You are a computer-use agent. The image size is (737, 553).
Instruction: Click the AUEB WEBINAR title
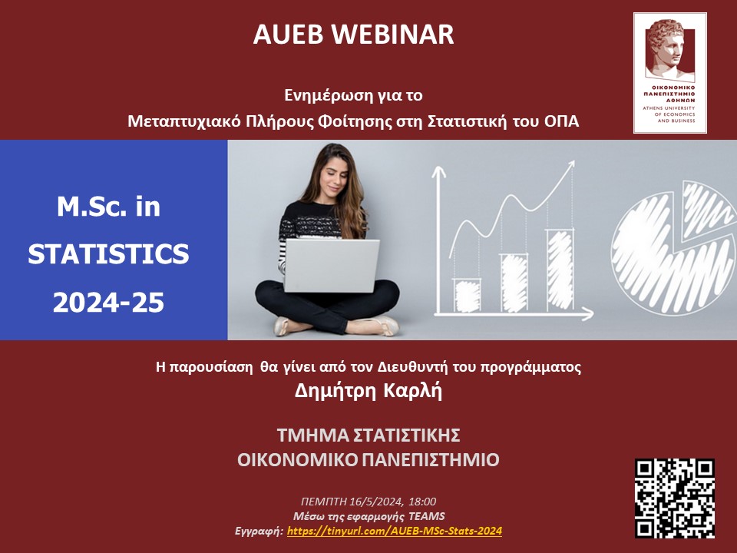(x=353, y=35)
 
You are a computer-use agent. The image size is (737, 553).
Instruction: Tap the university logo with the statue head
(x=670, y=73)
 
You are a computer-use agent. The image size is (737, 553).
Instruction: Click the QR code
(x=675, y=498)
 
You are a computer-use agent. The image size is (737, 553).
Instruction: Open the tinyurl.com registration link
(x=395, y=531)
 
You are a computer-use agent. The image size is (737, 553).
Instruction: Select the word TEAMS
(x=427, y=516)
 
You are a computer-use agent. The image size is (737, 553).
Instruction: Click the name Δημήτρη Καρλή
(x=368, y=391)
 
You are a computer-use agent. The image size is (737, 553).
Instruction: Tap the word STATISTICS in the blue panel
(x=108, y=254)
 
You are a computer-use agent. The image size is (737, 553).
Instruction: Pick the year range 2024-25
(x=108, y=303)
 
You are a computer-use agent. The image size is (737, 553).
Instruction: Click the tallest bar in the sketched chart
(x=560, y=270)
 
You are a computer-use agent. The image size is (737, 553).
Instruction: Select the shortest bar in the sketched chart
(x=468, y=295)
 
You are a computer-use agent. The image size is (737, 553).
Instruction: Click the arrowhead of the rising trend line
(x=570, y=166)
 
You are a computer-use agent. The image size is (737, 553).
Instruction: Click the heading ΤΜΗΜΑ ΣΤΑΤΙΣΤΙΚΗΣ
(x=368, y=435)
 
